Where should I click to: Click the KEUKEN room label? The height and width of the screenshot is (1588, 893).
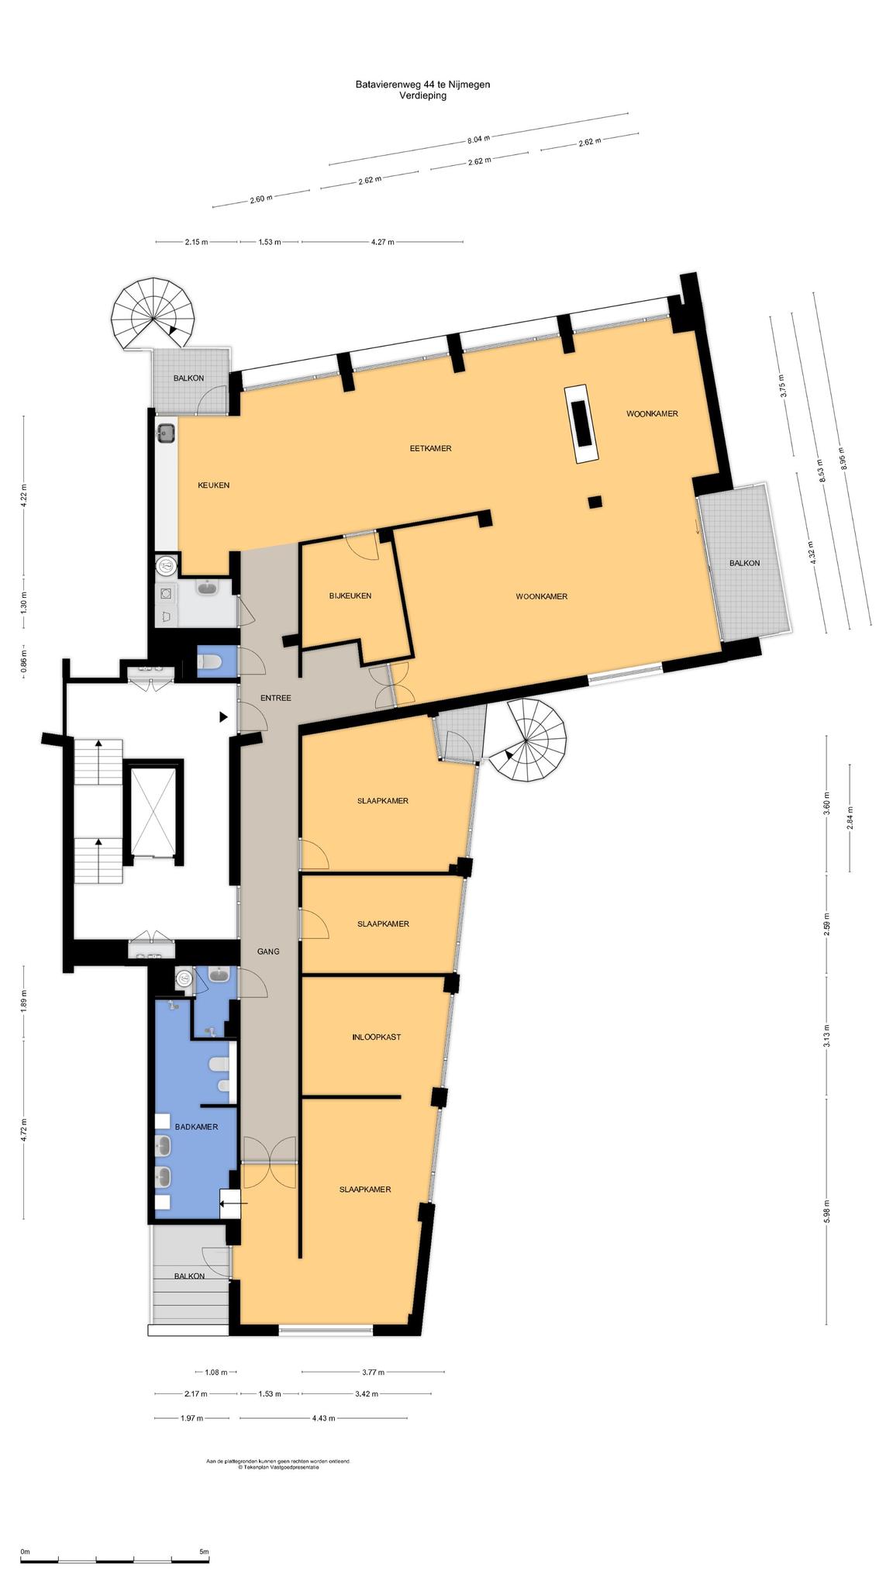point(213,485)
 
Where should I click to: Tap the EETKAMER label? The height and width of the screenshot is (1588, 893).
point(430,448)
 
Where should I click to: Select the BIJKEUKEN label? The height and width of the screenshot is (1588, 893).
point(350,595)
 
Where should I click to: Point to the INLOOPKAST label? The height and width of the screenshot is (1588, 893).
point(376,1037)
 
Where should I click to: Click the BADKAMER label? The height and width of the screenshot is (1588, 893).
point(196,1127)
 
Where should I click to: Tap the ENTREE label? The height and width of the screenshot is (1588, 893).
point(275,698)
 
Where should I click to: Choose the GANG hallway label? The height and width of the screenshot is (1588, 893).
point(268,951)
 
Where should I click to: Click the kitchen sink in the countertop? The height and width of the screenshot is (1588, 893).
point(165,433)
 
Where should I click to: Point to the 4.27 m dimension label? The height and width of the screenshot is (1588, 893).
point(382,242)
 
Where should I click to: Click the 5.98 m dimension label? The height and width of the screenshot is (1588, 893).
point(827,1211)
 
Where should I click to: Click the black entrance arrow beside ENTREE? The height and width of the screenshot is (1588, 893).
point(223,717)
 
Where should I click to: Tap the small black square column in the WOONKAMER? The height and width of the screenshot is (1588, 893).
point(595,502)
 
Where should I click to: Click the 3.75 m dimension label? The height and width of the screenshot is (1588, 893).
point(782,385)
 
